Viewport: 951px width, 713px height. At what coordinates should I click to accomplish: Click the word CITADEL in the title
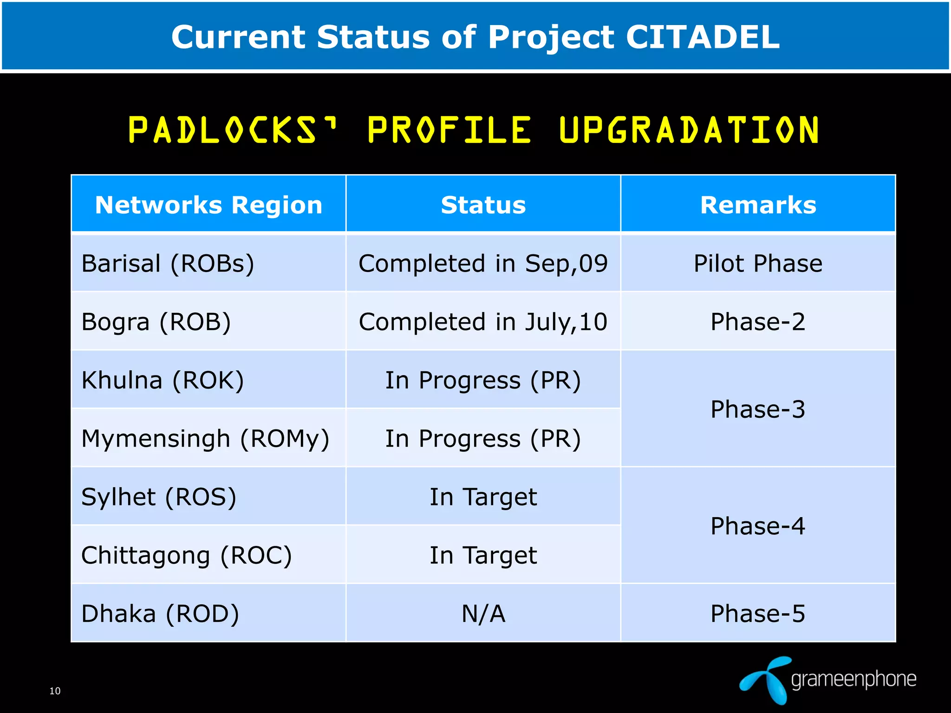coord(702,37)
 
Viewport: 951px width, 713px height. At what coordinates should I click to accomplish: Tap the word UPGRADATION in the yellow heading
coord(689,130)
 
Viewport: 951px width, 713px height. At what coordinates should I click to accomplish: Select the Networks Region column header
coord(208,205)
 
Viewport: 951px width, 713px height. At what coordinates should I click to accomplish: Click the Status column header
coord(483,205)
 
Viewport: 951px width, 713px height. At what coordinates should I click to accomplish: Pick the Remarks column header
coord(758,205)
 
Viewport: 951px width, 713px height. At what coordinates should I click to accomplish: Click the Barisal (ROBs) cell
coord(168,264)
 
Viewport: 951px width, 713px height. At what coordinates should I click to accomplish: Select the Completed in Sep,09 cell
coord(483,264)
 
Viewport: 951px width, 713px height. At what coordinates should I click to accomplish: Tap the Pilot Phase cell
coord(758,264)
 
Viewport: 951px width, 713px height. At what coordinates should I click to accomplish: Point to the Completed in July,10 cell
coord(483,322)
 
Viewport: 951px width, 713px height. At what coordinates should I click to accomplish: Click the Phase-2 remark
coord(758,322)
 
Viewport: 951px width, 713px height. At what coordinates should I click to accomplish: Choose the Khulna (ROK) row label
coord(163,380)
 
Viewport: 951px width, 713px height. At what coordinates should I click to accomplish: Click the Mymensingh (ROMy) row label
coord(205,439)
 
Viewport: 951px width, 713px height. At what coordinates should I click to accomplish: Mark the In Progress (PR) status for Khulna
coord(483,380)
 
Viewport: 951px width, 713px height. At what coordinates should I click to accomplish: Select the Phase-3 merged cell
coord(758,409)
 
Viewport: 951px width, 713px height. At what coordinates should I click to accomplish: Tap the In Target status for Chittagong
coord(483,555)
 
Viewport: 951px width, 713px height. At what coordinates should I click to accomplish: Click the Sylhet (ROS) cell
coord(159,497)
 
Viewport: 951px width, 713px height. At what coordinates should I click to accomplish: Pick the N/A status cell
coord(483,614)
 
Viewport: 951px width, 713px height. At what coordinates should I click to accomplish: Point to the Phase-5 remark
coord(758,614)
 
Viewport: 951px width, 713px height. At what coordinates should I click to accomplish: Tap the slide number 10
coord(55,691)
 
